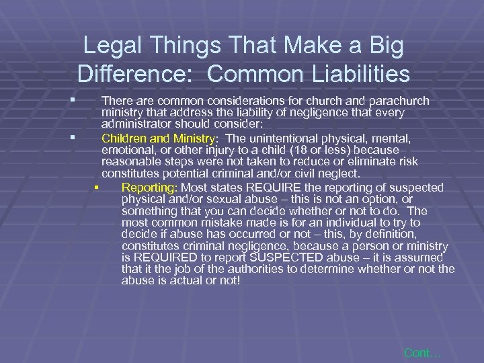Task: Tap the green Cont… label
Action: [423, 352]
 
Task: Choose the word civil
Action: [318, 173]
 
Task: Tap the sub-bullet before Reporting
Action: [97, 187]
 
